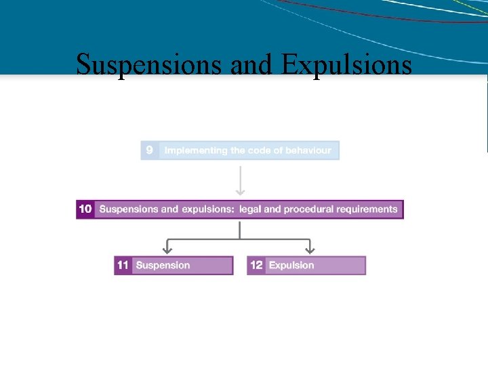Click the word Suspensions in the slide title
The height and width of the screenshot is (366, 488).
point(150,65)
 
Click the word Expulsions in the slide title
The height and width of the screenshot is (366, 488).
point(346,65)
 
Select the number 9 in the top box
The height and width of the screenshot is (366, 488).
point(150,150)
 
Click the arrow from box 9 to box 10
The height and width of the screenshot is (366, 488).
point(240,182)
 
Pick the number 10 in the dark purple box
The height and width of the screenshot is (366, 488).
point(85,209)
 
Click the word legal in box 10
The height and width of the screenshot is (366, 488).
point(251,209)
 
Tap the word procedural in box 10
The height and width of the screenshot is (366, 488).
point(310,209)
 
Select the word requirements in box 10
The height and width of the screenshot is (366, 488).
point(367,209)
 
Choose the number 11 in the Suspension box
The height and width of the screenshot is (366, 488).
point(123,265)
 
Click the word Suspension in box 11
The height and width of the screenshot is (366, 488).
point(163,265)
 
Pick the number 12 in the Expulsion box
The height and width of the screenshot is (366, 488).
point(256,265)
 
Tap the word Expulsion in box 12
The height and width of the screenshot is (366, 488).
point(291,265)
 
